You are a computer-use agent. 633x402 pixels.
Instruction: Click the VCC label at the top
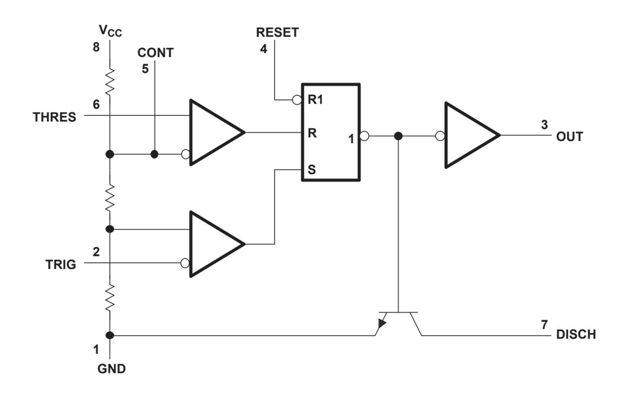pos(110,31)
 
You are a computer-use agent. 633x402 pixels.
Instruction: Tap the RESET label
pos(277,33)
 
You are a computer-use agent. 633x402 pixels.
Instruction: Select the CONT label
pos(155,53)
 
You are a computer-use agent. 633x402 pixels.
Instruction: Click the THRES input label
pos(54,117)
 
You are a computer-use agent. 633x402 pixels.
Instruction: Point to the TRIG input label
pos(61,264)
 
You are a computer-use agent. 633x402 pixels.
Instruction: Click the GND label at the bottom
pos(112,369)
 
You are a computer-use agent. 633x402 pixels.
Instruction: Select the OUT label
pos(569,137)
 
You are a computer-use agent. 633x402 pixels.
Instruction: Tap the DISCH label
pos(576,334)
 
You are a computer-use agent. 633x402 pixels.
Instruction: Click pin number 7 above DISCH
pos(544,324)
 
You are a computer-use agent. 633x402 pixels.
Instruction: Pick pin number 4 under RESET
pos(264,49)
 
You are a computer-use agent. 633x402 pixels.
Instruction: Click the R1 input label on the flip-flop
pos(315,100)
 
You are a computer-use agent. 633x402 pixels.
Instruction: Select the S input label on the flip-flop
pos(312,170)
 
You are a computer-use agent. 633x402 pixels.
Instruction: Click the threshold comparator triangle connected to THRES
pos(213,132)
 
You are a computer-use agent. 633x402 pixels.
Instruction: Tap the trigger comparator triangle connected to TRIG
pos(213,244)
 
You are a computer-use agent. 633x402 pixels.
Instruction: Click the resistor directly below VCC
pos(110,81)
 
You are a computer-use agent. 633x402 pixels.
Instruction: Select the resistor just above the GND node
pos(110,297)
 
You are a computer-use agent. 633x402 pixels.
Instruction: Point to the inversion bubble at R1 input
pos(297,100)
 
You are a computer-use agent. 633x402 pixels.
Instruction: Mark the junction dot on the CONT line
pos(154,154)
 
